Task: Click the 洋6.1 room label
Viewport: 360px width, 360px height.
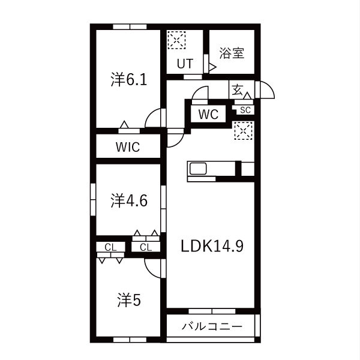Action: [x=129, y=79]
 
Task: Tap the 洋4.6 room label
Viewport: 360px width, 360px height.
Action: [x=129, y=200]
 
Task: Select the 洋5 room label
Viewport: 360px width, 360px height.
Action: [x=129, y=300]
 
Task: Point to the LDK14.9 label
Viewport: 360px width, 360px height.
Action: [x=212, y=246]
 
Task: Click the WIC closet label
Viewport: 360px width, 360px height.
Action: [x=128, y=147]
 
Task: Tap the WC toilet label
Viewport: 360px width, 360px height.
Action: [x=208, y=114]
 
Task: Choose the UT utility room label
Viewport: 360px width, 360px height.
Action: [x=185, y=64]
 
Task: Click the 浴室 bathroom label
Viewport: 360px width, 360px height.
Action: [x=232, y=53]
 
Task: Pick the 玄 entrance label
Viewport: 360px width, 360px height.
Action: [x=237, y=90]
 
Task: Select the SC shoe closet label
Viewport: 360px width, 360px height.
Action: [x=245, y=110]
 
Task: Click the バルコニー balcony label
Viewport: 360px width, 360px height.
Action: [x=212, y=326]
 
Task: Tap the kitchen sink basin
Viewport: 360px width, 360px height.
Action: [x=197, y=169]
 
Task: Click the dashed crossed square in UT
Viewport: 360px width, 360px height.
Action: [x=176, y=40]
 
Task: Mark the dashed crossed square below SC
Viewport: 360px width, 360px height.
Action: [x=244, y=131]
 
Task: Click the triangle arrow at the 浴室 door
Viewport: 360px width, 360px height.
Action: [x=212, y=67]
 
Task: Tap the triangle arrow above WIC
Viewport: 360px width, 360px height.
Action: [x=124, y=124]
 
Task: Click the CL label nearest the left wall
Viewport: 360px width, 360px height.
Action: [x=110, y=247]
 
